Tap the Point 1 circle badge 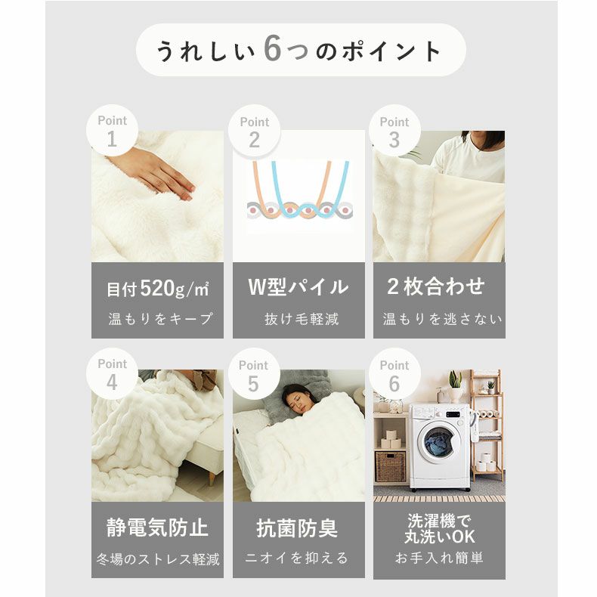(112, 131)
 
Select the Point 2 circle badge (254, 131)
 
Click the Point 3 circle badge (394, 131)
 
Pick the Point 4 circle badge (112, 374)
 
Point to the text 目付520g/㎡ (157, 289)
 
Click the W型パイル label (298, 287)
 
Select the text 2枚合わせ (436, 286)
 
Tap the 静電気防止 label (157, 527)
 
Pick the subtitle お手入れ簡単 (439, 558)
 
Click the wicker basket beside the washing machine (390, 466)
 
